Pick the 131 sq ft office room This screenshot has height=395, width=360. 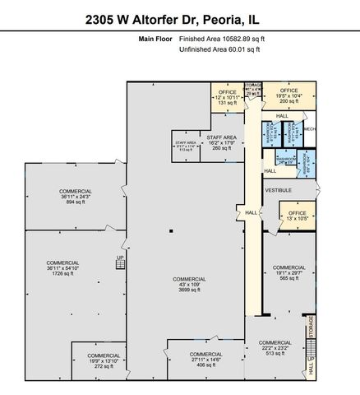tap(228, 98)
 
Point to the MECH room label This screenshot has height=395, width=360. tap(309, 129)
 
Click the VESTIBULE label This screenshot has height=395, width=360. tap(278, 190)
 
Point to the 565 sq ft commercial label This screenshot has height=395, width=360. tap(288, 272)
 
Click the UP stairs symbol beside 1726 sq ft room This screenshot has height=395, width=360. tap(119, 259)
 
